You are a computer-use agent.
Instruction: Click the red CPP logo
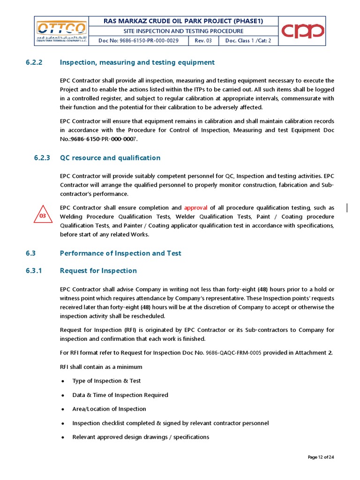pos(302,31)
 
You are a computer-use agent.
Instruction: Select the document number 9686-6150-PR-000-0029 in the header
pos(138,41)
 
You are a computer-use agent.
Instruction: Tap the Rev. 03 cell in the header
pos(202,41)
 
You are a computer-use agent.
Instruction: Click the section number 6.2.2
pos(34,62)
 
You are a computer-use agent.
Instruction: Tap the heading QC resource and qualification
pos(110,158)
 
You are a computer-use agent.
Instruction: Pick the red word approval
pos(195,208)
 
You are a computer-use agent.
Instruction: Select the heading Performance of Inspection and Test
pos(120,253)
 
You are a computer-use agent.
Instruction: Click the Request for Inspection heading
pos(98,270)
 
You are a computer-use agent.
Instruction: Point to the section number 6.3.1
pos(34,270)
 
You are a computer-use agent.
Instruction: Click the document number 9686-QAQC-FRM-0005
pos(233,352)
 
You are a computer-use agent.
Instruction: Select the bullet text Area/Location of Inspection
pos(109,409)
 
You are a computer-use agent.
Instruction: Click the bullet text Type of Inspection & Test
pos(106,381)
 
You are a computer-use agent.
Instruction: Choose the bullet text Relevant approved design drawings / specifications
pos(141,437)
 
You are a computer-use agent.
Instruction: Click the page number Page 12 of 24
pos(321,457)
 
